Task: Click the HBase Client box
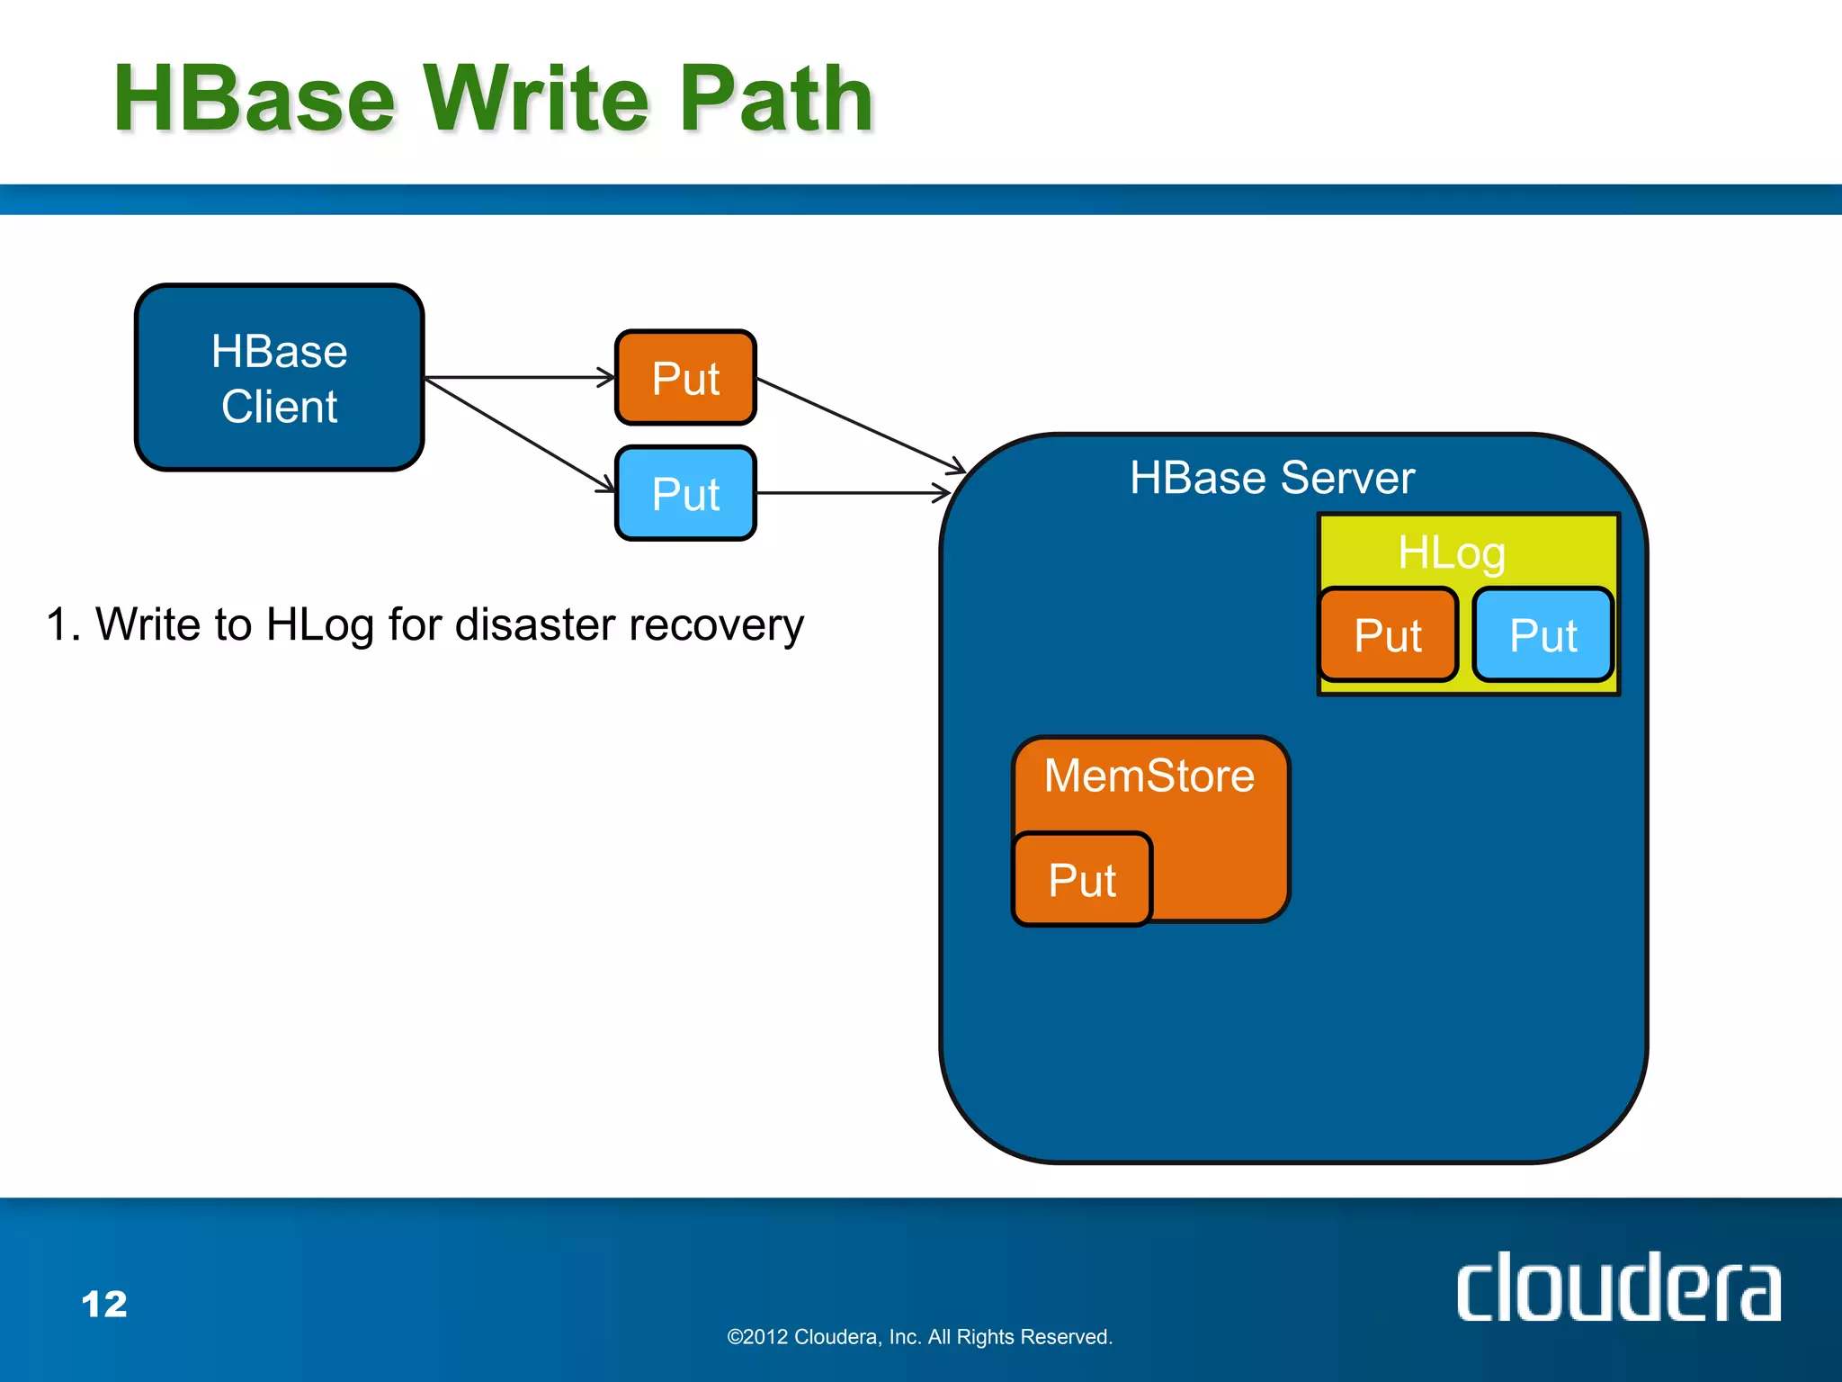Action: click(x=279, y=378)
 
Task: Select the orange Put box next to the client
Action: click(x=685, y=378)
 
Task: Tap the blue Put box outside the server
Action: click(x=685, y=493)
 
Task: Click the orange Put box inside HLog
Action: click(x=1388, y=635)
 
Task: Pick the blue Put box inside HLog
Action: click(x=1543, y=635)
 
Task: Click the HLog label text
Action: click(x=1451, y=552)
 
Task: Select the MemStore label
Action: click(x=1149, y=776)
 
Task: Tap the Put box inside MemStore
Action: click(x=1082, y=880)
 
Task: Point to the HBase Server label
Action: click(x=1272, y=478)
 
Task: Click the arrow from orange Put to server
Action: click(x=859, y=424)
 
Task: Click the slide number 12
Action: click(x=104, y=1305)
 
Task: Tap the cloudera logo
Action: click(x=1617, y=1288)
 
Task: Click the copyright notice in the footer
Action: click(x=919, y=1337)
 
